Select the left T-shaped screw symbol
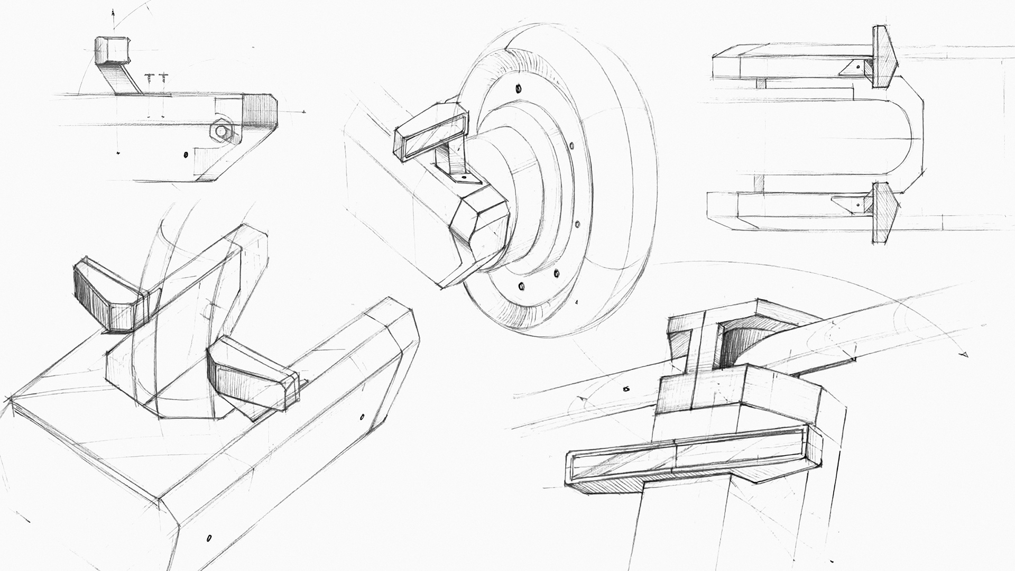150,77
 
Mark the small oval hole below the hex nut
185,154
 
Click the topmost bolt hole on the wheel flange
519,88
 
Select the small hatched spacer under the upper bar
760,83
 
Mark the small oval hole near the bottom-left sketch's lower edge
209,539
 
